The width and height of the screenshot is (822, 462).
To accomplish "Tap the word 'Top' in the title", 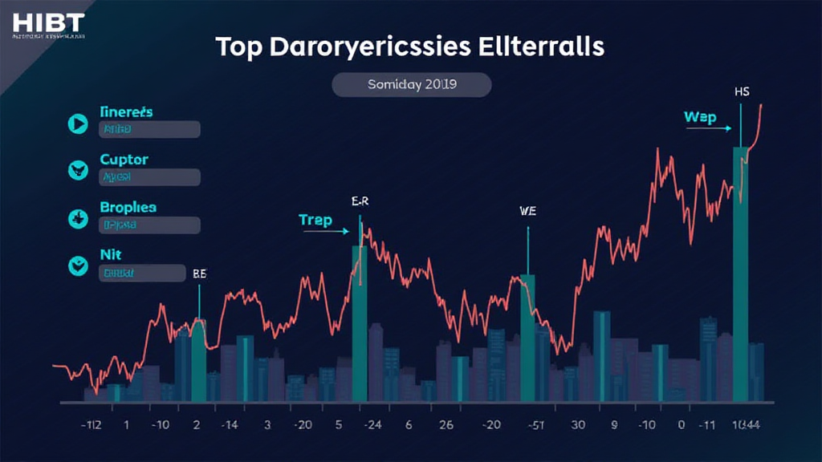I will point(240,47).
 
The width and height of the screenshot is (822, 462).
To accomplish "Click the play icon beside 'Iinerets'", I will point(78,123).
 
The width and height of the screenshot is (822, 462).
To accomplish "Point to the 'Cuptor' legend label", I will point(124,160).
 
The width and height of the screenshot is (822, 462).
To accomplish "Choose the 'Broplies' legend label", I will point(128,207).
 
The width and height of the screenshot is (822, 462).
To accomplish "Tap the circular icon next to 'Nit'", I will point(78,265).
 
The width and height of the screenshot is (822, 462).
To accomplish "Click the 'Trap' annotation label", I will point(315,220).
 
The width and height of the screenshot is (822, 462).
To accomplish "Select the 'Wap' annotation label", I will point(699,117).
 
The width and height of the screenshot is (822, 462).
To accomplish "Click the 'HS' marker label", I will point(741,92).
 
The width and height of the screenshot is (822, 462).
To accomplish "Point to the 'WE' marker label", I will point(527,213).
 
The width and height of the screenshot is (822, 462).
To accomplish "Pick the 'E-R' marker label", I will point(360,202).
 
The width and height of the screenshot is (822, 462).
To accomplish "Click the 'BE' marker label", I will point(200,274).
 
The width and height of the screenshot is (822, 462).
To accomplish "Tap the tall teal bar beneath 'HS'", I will point(740,273).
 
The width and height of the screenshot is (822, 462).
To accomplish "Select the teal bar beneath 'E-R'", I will point(360,321).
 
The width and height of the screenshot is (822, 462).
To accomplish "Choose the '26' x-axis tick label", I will point(446,425).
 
